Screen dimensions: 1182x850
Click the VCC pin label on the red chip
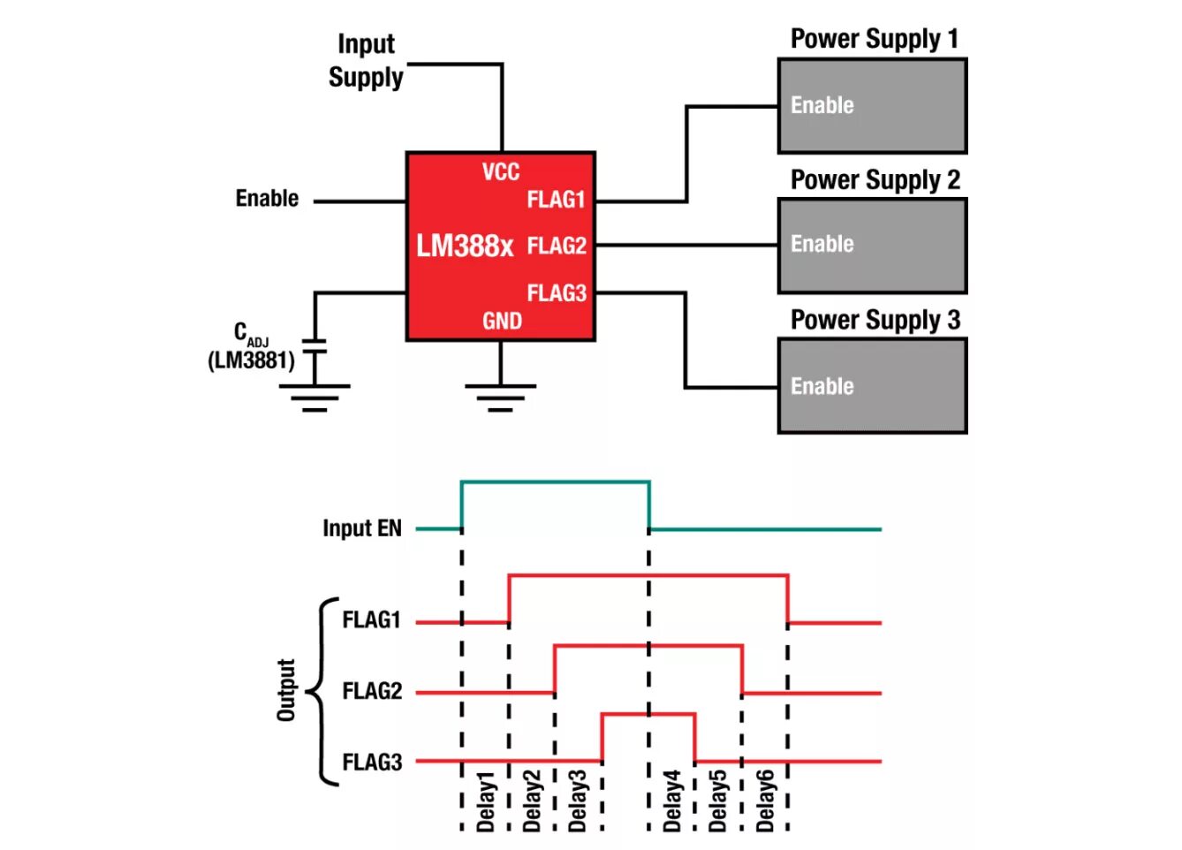point(501,172)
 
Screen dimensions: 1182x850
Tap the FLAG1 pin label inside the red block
point(557,200)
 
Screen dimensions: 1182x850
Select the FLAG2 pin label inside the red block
point(557,246)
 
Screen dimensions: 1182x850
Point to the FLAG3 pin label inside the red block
point(557,293)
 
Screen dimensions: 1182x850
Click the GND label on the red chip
point(502,321)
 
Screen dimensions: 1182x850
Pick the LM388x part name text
point(465,246)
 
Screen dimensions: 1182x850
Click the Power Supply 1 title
point(875,40)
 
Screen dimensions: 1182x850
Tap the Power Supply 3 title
point(875,320)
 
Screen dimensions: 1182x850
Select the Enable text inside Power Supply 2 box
point(822,244)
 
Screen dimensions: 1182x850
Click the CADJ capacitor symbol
point(314,346)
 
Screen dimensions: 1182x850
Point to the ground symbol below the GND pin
point(500,398)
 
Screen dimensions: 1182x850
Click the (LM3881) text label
point(251,360)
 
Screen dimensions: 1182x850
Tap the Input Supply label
point(367,61)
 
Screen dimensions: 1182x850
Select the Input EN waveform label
point(362,528)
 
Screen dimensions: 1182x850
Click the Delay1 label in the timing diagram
point(485,802)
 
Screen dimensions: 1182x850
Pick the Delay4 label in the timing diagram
point(671,801)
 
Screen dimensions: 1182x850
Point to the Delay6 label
point(765,801)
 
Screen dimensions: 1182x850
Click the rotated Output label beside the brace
point(286,690)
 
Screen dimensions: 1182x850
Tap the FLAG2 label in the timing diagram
point(372,691)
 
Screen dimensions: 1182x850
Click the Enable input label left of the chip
point(267,199)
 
